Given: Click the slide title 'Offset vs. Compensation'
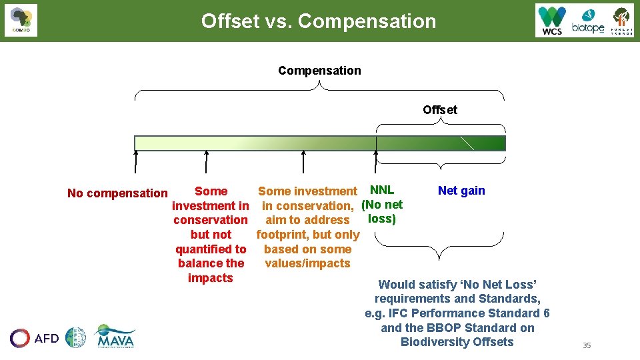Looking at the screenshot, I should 319,21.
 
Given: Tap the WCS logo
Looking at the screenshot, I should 552,21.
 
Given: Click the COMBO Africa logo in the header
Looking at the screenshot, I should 21,21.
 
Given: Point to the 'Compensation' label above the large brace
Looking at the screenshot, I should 319,71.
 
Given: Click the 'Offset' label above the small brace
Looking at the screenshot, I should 440,110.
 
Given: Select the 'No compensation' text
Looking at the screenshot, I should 117,193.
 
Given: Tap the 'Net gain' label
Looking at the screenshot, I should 461,191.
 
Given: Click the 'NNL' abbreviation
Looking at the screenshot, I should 382,190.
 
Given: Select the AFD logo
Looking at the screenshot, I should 35,338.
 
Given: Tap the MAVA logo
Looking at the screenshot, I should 115,337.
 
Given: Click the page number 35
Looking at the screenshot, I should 587,345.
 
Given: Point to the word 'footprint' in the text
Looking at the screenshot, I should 281,235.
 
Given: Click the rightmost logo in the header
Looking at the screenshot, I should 622,21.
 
